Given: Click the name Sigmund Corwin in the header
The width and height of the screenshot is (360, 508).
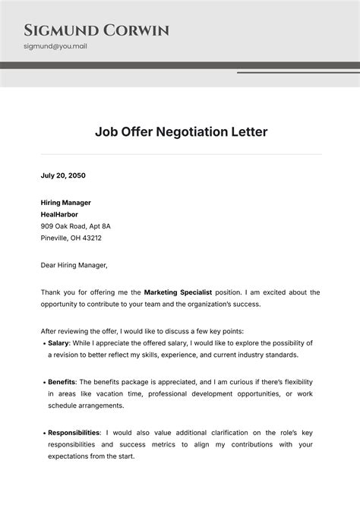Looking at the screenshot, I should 96,30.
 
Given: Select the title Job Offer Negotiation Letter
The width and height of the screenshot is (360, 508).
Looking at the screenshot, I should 181,131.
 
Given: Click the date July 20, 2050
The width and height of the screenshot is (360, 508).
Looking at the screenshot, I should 63,175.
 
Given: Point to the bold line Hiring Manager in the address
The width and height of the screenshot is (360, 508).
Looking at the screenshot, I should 66,203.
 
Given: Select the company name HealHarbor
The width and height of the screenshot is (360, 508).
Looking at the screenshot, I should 59,214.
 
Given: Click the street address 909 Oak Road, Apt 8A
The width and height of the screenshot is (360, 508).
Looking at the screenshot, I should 76,226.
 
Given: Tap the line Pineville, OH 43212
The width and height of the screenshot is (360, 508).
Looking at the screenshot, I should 71,238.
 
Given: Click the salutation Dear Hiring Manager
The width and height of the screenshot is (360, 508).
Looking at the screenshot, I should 74,265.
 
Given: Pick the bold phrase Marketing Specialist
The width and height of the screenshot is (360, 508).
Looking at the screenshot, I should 178,292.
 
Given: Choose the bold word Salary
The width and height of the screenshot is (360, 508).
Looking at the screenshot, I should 58,343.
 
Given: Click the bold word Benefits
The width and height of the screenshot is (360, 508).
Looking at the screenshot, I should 62,381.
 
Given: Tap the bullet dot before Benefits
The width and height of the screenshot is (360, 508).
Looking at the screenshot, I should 43,382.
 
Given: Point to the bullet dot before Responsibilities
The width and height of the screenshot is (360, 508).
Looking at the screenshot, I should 43,433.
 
